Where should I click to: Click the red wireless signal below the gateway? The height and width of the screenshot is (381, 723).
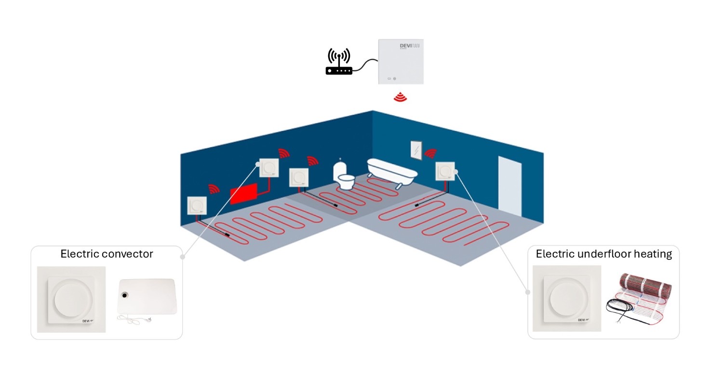[400, 97]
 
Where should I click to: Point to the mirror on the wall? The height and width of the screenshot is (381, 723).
[415, 150]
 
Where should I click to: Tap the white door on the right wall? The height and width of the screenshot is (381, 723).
[509, 186]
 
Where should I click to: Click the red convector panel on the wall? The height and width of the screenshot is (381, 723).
[244, 194]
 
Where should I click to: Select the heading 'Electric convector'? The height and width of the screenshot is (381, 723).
[107, 254]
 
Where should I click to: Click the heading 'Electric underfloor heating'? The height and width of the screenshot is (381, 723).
[603, 254]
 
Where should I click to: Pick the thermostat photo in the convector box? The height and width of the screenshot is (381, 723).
[71, 299]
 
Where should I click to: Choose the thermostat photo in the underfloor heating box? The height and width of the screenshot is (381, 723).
[568, 299]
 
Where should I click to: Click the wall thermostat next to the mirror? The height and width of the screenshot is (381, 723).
[444, 171]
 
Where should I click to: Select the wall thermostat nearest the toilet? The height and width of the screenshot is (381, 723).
[299, 177]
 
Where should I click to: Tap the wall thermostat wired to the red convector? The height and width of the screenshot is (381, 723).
[269, 168]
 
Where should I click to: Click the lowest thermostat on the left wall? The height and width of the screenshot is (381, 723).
[197, 206]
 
